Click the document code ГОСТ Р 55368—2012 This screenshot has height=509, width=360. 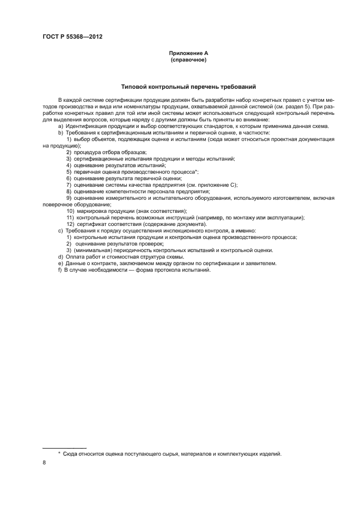72,36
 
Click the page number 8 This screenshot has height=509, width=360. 44,462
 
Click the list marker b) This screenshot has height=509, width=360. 60,133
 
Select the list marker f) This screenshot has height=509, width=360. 60,270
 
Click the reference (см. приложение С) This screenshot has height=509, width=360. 211,185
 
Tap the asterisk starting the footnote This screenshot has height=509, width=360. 59,453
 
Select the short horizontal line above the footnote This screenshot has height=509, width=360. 64,447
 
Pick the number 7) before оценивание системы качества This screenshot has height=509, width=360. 69,185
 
